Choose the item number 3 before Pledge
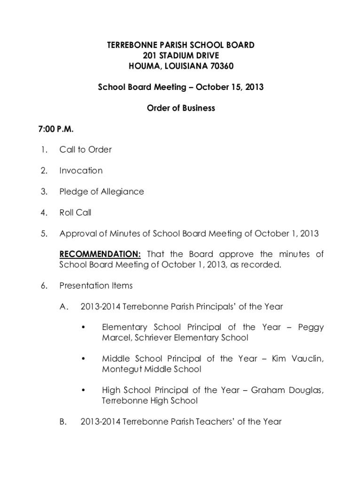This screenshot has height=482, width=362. tap(43, 192)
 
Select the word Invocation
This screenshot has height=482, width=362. tap(81, 170)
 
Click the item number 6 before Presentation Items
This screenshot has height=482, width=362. tap(43, 286)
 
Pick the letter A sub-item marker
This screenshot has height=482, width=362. tap(64, 306)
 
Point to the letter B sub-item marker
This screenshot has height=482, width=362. tap(63, 422)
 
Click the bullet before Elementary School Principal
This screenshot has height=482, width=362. tap(83, 328)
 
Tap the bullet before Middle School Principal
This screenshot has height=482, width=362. tap(83, 359)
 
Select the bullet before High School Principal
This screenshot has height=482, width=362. tap(83, 391)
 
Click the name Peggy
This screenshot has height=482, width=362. tap(311, 328)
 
